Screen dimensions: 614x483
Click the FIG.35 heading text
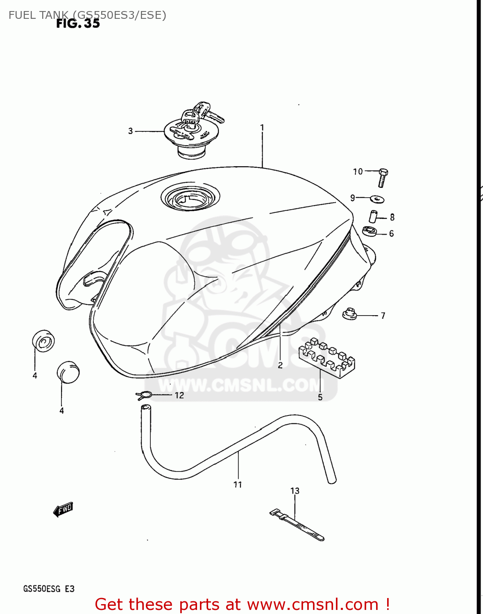coord(78,23)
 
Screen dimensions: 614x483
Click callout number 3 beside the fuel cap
coord(130,131)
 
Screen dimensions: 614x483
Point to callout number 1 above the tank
coord(262,128)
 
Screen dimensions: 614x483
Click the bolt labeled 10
coord(383,178)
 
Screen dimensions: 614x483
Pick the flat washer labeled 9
coord(377,199)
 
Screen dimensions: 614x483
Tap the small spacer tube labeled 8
coord(374,216)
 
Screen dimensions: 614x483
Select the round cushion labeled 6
coord(370,231)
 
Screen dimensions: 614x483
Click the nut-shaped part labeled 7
coord(349,314)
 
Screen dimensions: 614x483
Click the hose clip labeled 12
coord(144,395)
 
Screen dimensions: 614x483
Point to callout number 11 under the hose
coord(238,485)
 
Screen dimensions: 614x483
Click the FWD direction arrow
coord(63,510)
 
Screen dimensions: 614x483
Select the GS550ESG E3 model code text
coord(49,589)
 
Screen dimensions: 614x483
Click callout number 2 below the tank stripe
coord(280,365)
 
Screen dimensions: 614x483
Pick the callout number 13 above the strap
coord(295,490)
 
